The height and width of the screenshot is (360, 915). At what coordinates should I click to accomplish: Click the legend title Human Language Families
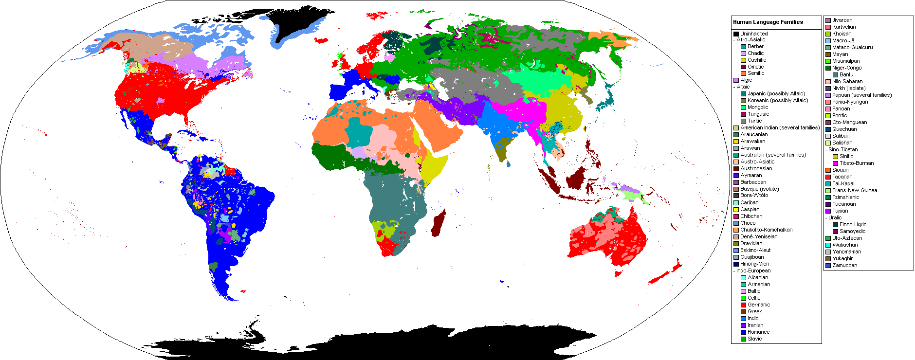click(768, 22)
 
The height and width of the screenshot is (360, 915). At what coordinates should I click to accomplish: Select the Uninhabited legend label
click(754, 34)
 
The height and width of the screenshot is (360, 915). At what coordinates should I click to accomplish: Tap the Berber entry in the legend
click(755, 46)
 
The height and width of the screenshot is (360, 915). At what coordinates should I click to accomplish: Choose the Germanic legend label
click(759, 305)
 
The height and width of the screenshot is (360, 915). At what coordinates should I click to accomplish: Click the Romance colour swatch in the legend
click(743, 332)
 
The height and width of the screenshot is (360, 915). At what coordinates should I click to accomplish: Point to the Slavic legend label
click(754, 339)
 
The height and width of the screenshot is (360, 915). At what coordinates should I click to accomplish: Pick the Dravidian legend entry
click(751, 243)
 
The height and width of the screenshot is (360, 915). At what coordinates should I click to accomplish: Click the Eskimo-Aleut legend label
click(755, 250)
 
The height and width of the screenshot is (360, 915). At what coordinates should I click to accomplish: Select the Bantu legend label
click(846, 74)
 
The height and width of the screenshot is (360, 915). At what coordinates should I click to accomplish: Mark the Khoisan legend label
click(842, 34)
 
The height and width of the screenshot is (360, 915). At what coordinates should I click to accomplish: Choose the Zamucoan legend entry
click(844, 265)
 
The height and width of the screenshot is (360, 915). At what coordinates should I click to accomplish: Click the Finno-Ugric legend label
click(853, 224)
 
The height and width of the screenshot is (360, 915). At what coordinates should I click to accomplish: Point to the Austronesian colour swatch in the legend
click(736, 168)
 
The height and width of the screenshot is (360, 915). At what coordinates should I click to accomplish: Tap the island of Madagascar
click(439, 224)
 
